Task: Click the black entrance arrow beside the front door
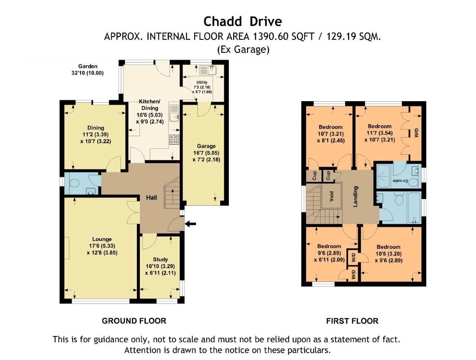191,224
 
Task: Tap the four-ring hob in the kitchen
174,139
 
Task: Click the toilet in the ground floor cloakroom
75,183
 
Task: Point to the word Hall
151,197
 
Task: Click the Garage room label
206,146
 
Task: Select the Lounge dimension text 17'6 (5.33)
102,246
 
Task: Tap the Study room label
160,259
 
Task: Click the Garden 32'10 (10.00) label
88,70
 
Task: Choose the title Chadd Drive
243,22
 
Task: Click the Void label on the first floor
331,196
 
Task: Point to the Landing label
355,196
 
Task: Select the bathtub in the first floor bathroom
414,208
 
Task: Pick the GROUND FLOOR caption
134,321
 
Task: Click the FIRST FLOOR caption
352,321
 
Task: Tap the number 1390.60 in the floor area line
270,36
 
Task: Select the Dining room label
96,128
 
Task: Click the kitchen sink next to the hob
174,113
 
